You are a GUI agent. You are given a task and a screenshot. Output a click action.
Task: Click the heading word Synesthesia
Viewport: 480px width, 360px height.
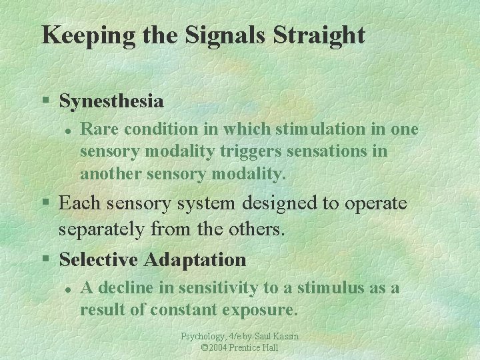(111, 101)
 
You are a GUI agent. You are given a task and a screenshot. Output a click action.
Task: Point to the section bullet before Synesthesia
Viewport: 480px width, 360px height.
(45, 101)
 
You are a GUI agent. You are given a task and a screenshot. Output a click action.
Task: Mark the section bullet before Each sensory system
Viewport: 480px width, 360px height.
(45, 203)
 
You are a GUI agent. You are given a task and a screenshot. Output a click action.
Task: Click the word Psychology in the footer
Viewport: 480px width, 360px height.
(203, 337)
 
